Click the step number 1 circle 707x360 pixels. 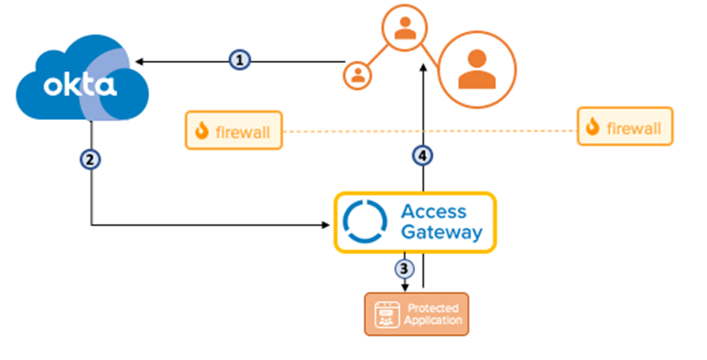point(239,61)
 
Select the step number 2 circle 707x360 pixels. point(91,160)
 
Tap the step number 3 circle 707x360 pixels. point(405,267)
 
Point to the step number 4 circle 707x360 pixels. point(424,156)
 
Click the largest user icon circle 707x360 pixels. point(475,70)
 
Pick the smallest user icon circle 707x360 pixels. point(358,74)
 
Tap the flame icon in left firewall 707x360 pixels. point(202,131)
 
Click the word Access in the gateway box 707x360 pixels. point(433,212)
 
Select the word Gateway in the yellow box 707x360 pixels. point(441,233)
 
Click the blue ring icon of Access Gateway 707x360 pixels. point(365,222)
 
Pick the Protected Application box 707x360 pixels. point(417,314)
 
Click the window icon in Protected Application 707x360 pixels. point(384,314)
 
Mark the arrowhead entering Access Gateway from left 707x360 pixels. point(327,226)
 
